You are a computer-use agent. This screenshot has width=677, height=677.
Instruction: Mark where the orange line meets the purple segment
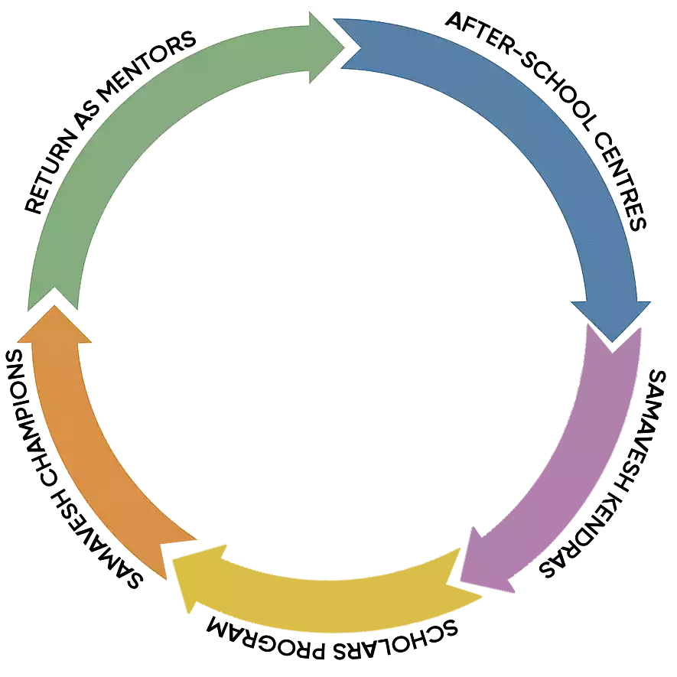click(581, 347)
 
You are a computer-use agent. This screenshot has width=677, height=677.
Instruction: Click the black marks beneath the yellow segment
click(329, 627)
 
